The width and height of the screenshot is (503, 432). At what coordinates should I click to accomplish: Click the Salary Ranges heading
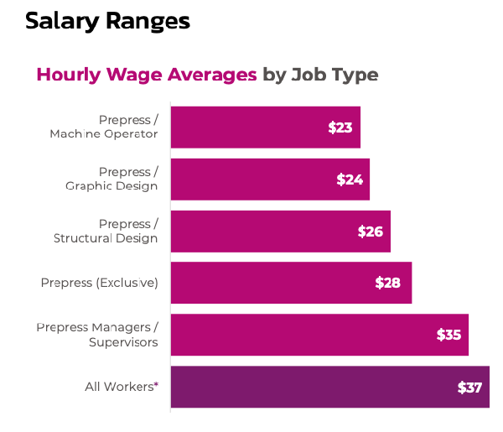click(x=107, y=21)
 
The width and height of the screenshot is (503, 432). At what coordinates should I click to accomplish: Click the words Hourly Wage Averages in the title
click(x=147, y=75)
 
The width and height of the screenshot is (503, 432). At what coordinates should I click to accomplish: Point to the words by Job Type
click(x=320, y=75)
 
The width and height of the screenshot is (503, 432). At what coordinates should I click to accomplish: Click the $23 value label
click(x=340, y=128)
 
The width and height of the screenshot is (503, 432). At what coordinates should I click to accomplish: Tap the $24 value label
click(x=349, y=180)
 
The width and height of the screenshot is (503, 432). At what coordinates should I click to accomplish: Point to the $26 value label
click(x=370, y=232)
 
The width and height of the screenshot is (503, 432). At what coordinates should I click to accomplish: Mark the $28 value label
click(x=387, y=283)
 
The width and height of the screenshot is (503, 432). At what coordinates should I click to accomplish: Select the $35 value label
click(x=449, y=335)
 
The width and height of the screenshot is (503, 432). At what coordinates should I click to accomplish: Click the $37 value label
click(x=469, y=388)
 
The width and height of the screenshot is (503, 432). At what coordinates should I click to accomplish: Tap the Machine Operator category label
click(x=103, y=134)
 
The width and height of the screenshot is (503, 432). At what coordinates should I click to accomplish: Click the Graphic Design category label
click(x=111, y=186)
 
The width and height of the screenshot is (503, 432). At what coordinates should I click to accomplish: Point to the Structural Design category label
click(x=106, y=238)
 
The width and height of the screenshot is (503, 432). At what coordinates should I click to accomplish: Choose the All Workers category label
click(x=118, y=387)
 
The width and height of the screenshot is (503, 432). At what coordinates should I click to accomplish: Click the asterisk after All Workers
click(x=156, y=384)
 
